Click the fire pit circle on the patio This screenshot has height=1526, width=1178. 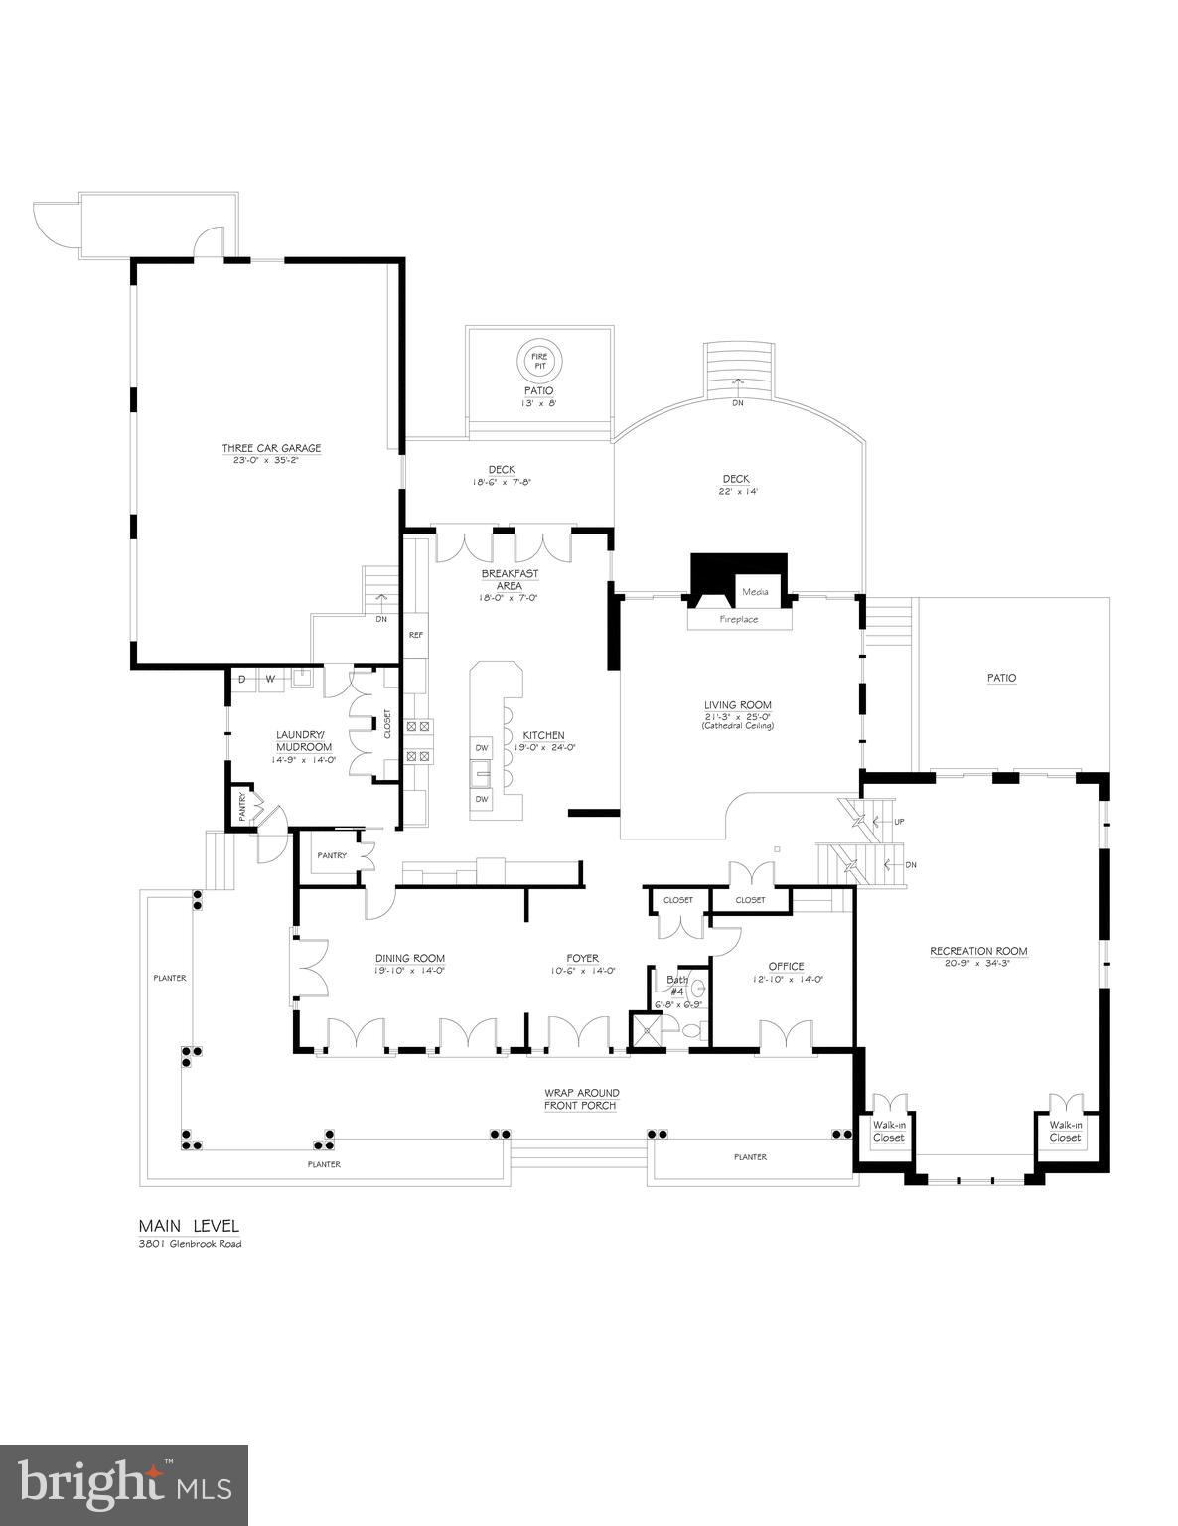538,360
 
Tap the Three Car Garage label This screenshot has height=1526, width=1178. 271,448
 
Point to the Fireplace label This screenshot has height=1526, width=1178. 738,619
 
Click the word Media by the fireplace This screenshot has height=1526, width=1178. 755,592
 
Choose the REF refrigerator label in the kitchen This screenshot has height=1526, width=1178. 415,633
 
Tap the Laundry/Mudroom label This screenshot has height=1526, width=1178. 304,741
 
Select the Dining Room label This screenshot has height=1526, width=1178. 409,958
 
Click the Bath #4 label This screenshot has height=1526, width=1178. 677,986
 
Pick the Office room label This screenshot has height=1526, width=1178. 786,966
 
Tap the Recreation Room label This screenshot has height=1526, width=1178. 978,951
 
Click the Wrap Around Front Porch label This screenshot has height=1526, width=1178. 580,1099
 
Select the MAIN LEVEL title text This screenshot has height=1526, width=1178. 189,1226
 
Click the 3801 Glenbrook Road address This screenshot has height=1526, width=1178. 190,1244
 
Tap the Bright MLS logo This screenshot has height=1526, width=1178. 124,1484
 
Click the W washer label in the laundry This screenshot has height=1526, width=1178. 269,679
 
